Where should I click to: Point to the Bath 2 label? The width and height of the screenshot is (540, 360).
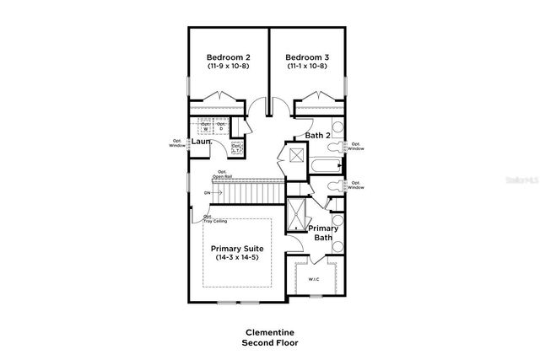[x=316, y=136]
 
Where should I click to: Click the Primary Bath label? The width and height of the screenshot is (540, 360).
[x=323, y=234]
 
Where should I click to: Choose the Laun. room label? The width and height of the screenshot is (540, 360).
[x=200, y=142]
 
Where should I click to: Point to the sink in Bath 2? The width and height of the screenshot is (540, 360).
[x=337, y=129]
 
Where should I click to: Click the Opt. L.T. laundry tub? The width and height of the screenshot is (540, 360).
[x=237, y=148]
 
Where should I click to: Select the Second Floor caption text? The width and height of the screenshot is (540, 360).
[x=270, y=343]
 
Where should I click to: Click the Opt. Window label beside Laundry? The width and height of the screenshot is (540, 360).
[x=177, y=143]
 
